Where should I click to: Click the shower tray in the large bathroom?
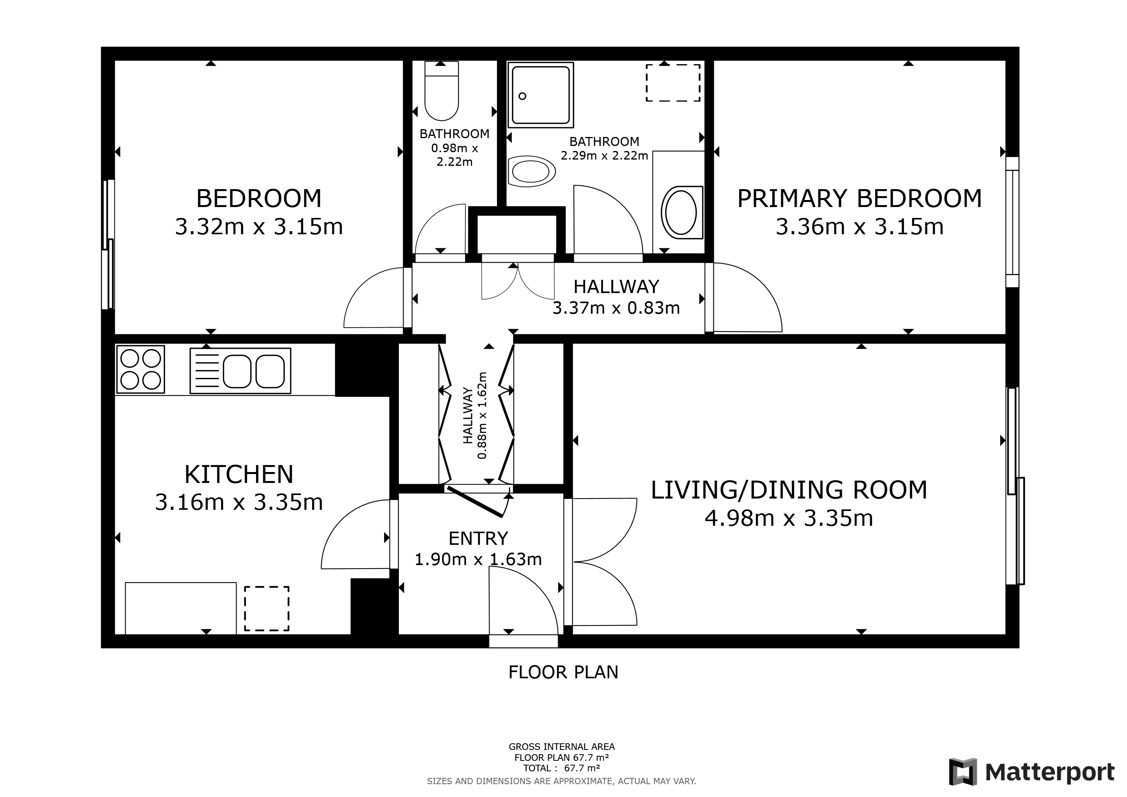point(541,95)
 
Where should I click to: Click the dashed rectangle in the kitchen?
point(267,609)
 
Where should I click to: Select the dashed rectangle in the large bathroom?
point(672,83)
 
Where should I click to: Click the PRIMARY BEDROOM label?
point(859,199)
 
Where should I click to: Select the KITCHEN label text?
point(239,474)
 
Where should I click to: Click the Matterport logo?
point(1031,772)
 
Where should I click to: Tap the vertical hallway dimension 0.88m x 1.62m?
point(483,415)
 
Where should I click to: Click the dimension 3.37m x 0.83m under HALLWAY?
point(616,308)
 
